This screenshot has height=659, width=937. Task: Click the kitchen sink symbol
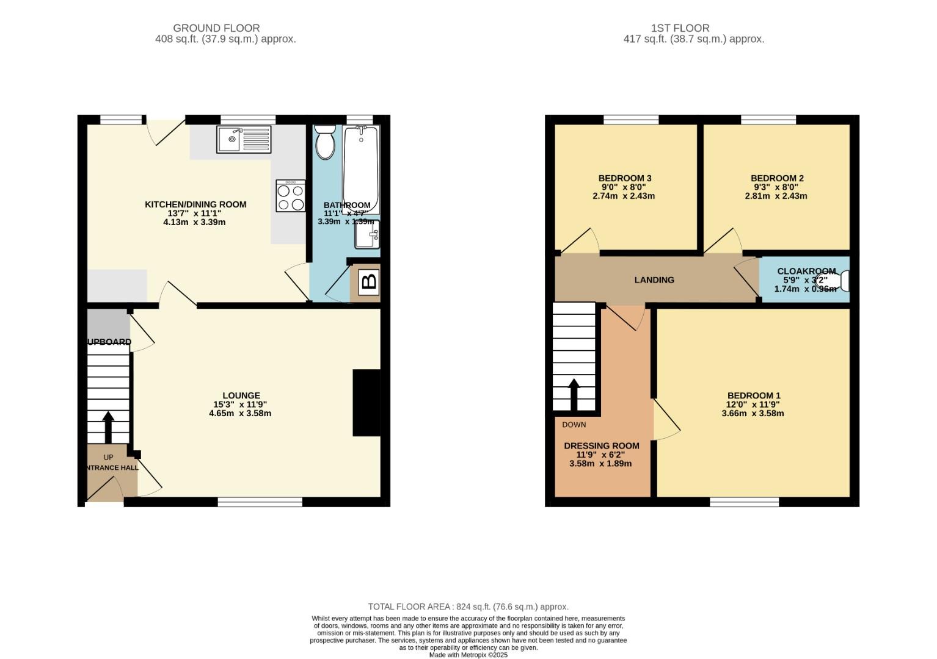coord(244,139)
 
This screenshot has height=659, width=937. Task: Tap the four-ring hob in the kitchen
coord(290,196)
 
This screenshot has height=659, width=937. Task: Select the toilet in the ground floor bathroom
coord(324,142)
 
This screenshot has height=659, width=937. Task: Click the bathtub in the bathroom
coord(361,169)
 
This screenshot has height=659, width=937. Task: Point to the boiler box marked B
coord(369,282)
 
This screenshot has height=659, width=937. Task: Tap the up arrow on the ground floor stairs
coord(108,427)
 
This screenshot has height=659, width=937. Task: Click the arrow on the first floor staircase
coord(574,395)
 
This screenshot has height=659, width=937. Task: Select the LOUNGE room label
coord(241,395)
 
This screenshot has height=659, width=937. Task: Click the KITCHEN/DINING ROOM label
coord(195,204)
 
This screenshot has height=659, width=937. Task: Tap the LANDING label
coord(654,280)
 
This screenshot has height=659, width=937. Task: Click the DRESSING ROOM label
coord(602,446)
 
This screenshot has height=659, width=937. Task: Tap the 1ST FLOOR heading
coord(680,28)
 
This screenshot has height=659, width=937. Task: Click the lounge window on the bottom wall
coord(260,502)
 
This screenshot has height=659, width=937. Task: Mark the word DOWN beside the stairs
coord(574,425)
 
